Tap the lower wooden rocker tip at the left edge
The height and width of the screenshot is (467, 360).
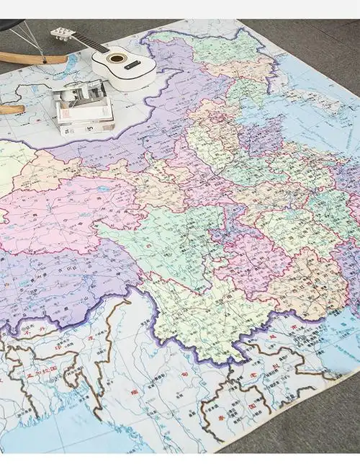11,110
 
